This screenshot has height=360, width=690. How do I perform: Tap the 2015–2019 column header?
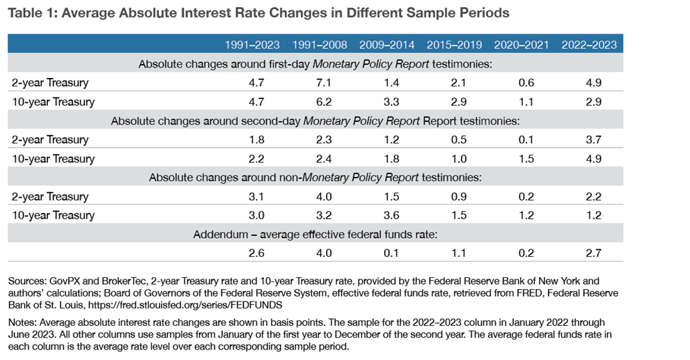coord(455,45)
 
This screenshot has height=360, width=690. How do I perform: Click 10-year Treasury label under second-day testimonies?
coord(52,159)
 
